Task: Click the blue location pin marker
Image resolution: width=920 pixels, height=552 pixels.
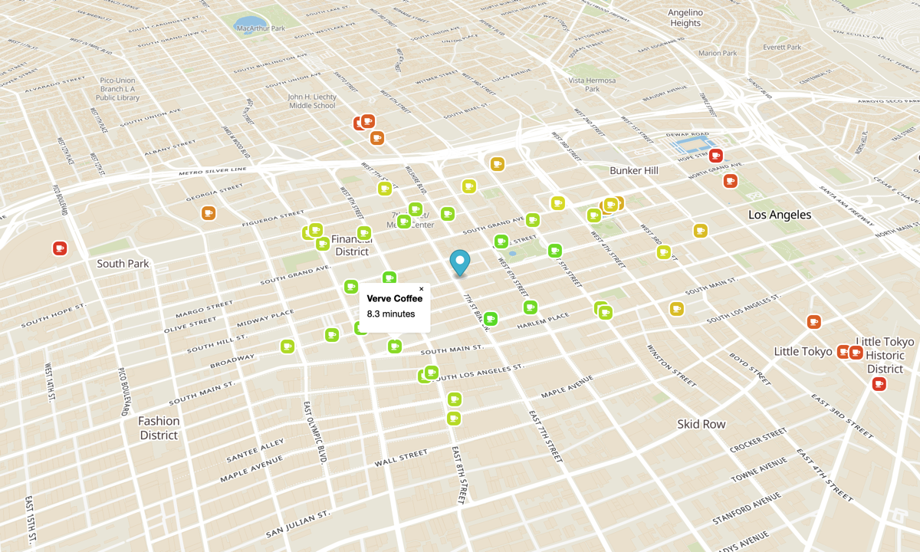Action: point(460,262)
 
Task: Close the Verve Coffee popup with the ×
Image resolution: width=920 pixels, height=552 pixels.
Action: point(421,289)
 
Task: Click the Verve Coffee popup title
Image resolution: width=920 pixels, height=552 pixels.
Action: point(394,298)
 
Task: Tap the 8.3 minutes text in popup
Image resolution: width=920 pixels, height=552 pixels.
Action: point(390,314)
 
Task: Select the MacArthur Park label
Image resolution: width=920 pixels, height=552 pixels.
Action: point(261,28)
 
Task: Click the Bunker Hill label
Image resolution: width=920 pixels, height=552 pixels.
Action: point(635,169)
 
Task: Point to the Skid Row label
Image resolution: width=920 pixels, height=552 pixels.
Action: point(701,424)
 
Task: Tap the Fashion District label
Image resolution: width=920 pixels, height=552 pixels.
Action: point(159,428)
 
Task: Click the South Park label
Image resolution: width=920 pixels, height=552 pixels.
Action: point(123,264)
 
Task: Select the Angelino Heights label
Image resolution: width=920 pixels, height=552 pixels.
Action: point(685,18)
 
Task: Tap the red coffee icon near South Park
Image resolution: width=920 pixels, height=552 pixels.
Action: point(60,248)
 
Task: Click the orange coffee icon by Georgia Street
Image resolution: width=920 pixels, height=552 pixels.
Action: point(209,213)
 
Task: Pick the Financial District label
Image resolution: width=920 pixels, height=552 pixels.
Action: point(352,245)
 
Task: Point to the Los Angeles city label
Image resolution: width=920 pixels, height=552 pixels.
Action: point(779,215)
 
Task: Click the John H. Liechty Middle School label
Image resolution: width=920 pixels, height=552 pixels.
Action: point(312,101)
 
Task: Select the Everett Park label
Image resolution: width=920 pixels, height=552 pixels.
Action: point(782,48)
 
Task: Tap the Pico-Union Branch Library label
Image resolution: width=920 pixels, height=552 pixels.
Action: point(117,89)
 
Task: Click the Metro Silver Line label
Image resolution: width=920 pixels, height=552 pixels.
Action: point(212,171)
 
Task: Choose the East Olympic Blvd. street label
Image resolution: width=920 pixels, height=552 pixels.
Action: point(316,433)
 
